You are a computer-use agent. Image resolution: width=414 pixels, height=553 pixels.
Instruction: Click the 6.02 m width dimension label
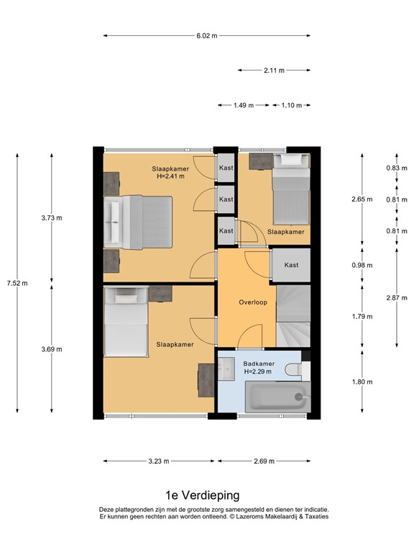(x=207, y=35)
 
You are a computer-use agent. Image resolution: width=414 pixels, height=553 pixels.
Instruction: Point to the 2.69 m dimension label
(x=263, y=462)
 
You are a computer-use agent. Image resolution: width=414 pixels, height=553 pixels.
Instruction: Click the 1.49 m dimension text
(x=244, y=105)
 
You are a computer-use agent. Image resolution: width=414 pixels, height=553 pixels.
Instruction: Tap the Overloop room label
(x=253, y=302)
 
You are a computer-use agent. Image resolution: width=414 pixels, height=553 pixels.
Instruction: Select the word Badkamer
(x=257, y=364)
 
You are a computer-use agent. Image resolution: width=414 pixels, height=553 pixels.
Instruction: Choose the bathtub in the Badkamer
(x=276, y=396)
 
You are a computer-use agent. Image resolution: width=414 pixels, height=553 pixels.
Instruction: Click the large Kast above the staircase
(x=290, y=265)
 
